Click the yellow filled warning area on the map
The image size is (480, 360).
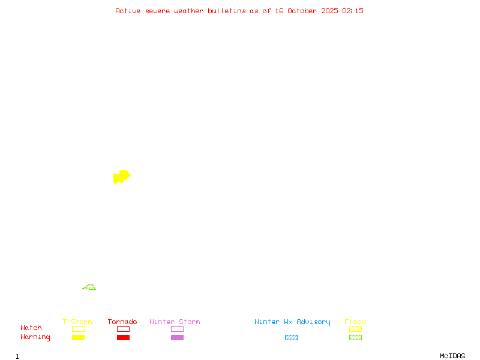(x=121, y=176)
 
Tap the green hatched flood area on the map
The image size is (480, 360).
(x=90, y=287)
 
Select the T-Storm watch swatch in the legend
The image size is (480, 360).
(x=78, y=329)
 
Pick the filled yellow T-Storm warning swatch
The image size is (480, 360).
(x=78, y=337)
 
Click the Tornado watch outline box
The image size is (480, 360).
(x=123, y=329)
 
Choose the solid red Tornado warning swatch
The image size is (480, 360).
(x=123, y=337)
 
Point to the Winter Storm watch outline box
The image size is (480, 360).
(x=177, y=329)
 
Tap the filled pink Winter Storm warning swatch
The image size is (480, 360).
(x=177, y=337)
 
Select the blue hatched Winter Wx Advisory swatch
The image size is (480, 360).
(x=291, y=337)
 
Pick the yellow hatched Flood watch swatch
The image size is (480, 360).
(x=355, y=329)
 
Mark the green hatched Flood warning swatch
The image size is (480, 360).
(x=355, y=337)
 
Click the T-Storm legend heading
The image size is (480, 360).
(x=77, y=322)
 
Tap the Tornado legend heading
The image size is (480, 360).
(x=122, y=322)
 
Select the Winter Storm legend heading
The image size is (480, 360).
(x=175, y=322)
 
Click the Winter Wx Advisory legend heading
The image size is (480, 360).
(x=292, y=322)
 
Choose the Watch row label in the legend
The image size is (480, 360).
(x=31, y=328)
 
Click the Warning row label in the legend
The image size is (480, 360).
(x=35, y=337)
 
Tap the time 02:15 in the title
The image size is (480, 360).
(x=353, y=11)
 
